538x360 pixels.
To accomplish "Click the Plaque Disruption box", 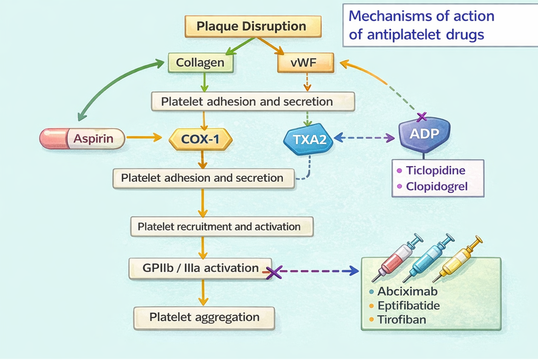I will point(253,26).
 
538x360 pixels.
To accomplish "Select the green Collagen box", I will point(200,63).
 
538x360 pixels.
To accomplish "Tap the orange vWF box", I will point(305,63).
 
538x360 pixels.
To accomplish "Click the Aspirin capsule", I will point(82,139).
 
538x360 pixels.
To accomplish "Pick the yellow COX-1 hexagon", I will point(201,139).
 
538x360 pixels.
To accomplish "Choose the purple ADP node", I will point(424,134).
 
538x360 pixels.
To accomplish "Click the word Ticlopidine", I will point(436,170).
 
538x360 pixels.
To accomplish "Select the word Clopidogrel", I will point(436,186).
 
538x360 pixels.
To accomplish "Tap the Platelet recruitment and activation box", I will point(222,226).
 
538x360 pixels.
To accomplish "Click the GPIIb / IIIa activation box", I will point(200,268).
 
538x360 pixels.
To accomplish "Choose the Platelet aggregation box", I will point(204,317).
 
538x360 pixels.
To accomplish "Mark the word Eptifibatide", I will point(409,305).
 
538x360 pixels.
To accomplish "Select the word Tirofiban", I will point(402,320).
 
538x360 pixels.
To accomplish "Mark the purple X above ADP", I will point(422,117).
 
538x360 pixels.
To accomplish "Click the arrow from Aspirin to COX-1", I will point(144,137).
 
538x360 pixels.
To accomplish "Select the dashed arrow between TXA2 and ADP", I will point(364,138).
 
